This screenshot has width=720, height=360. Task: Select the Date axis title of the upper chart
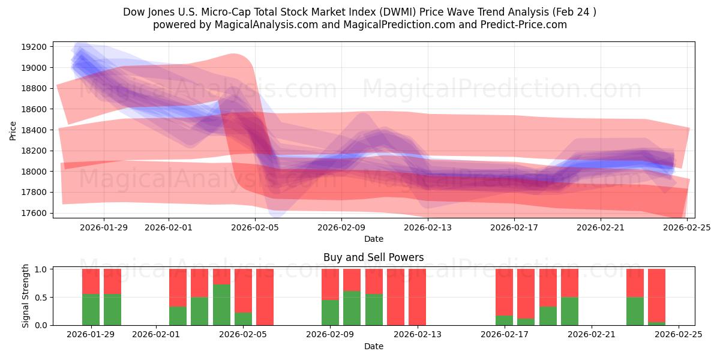(x=373, y=239)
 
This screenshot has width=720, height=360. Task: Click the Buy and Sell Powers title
(x=373, y=257)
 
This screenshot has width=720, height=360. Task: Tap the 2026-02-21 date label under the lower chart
(x=592, y=335)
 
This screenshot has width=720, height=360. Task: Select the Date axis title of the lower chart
(x=373, y=346)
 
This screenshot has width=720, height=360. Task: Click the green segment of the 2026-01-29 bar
(x=91, y=310)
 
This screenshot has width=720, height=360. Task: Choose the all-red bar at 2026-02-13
(x=417, y=297)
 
